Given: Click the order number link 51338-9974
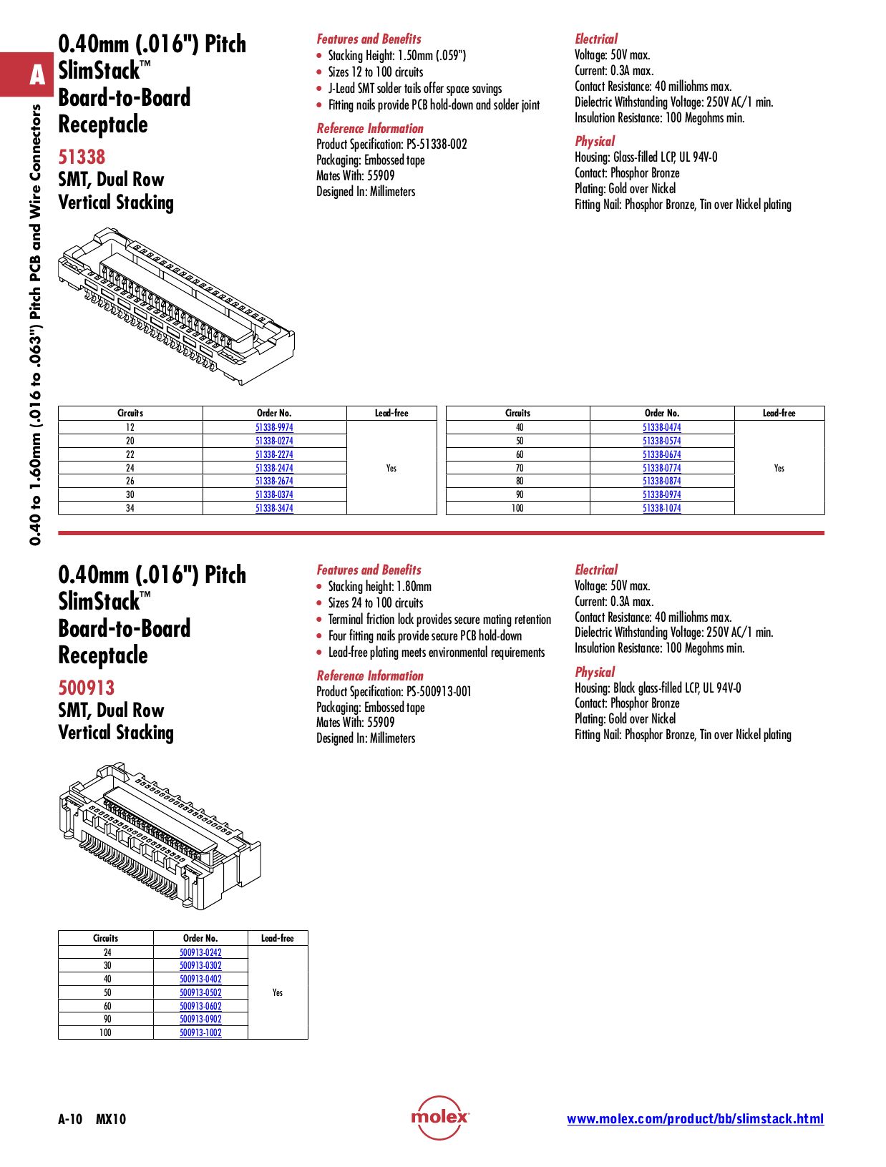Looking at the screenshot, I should [274, 427].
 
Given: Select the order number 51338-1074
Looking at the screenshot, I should [661, 508].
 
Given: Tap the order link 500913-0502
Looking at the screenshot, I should [200, 992].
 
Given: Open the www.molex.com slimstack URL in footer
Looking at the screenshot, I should [695, 1119].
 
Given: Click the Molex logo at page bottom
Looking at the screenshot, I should [440, 1117].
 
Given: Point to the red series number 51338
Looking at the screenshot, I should [82, 157].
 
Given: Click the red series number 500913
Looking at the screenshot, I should [86, 688].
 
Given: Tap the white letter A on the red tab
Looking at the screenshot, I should [37, 75].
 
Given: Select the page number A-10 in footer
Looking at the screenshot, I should [70, 1119].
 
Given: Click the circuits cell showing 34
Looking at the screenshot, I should [130, 508].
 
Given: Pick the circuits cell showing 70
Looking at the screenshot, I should [519, 468].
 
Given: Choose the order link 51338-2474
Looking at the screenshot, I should [274, 468].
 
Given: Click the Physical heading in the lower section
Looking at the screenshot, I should [595, 672].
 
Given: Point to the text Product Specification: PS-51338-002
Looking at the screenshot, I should [391, 144].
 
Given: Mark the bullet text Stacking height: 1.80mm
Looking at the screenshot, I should [379, 587].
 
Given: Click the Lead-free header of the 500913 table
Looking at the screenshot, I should [278, 938].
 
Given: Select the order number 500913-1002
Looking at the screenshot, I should [200, 1032].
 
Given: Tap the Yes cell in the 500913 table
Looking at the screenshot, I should [278, 992].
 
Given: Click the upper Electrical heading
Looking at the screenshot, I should [595, 39].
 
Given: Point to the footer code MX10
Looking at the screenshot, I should [111, 1119].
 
